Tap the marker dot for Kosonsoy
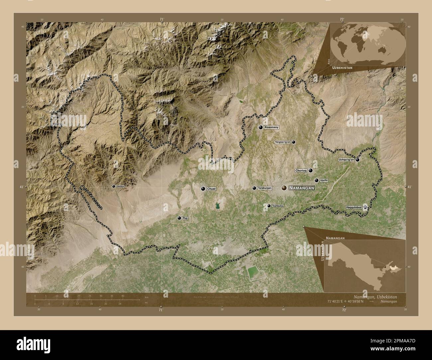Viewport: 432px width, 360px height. point(261,127)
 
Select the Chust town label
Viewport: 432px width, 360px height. point(211,189)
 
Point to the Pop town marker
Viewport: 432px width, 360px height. point(179,218)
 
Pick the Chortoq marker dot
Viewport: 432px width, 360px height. point(310,170)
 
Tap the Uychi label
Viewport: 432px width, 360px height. point(324,180)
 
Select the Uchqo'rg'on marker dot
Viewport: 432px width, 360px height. point(358,160)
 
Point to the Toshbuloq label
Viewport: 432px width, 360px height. point(278,206)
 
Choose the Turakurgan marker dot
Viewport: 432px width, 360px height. point(254,188)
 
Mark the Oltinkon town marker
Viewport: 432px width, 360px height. point(114,186)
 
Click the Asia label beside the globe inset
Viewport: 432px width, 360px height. point(328,60)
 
